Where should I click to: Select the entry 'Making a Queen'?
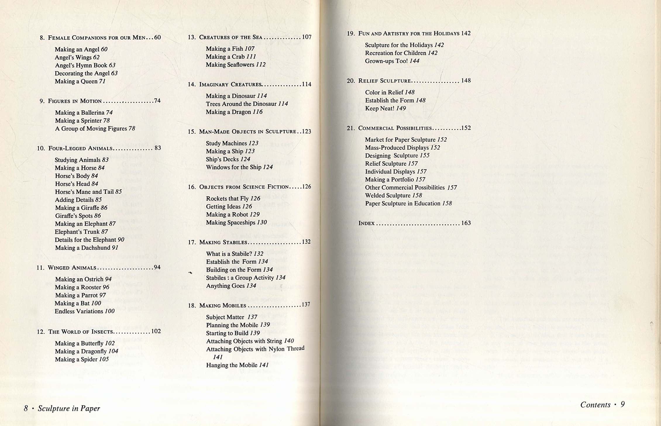pyautogui.click(x=76, y=81)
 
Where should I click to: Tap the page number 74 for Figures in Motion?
pyautogui.click(x=157, y=101)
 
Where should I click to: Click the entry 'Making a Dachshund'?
pyautogui.click(x=82, y=248)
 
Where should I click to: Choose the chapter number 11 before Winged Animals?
pyautogui.click(x=40, y=268)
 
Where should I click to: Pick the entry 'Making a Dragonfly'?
pyautogui.click(x=81, y=351)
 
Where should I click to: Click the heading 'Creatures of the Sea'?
pyautogui.click(x=230, y=37)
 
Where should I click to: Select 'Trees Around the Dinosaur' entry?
pyautogui.click(x=241, y=104)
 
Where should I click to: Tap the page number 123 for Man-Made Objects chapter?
pyautogui.click(x=306, y=132)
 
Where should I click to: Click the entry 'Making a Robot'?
pyautogui.click(x=227, y=215)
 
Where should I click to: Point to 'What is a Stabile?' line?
pyautogui.click(x=229, y=254)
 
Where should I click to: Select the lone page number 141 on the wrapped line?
pyautogui.click(x=218, y=357)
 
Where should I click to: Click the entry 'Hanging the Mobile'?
pyautogui.click(x=232, y=365)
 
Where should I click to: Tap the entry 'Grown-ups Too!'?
pyautogui.click(x=386, y=61)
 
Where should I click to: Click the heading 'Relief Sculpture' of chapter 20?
pyautogui.click(x=384, y=81)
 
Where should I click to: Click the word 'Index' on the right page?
pyautogui.click(x=366, y=223)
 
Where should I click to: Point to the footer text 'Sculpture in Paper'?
pyautogui.click(x=69, y=408)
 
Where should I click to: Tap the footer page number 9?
pyautogui.click(x=623, y=404)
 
